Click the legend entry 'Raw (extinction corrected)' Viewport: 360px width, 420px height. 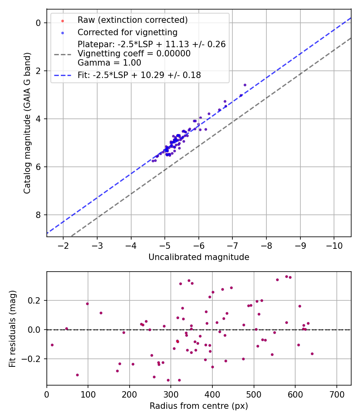pos(132,20)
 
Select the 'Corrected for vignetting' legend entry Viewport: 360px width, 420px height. pos(127,32)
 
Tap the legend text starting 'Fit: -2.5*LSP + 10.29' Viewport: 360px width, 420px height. pos(139,75)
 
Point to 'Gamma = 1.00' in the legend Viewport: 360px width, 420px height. pos(109,62)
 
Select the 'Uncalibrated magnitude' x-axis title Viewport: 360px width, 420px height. pos(199,257)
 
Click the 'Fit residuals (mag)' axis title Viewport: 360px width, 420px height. pos(12,328)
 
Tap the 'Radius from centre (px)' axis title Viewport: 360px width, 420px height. pos(199,406)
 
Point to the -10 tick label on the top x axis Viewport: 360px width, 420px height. pos(334,245)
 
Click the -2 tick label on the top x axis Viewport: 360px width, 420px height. pos(63,245)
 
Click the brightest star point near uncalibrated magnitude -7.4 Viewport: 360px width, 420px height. pos(245,85)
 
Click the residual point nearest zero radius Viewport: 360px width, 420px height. pos(52,345)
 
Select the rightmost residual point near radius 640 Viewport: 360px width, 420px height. pos(312,354)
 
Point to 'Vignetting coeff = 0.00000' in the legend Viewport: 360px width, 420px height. pos(134,54)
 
